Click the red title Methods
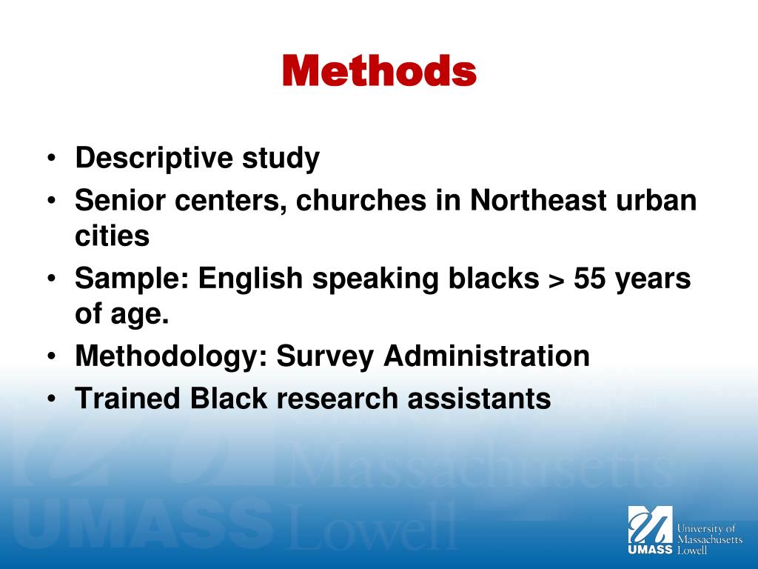click(x=379, y=71)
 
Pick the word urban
click(x=657, y=201)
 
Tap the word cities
click(x=112, y=237)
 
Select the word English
click(x=250, y=279)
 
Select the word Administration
click(x=486, y=356)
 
